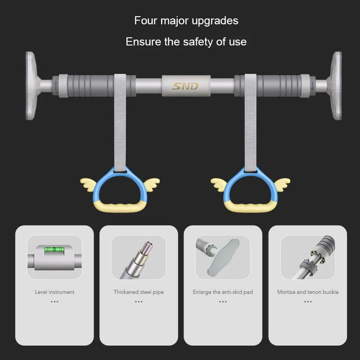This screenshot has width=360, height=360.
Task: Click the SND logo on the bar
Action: tap(185, 85)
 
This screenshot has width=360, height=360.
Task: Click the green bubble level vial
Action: tap(54, 249)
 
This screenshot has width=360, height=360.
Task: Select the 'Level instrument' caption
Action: tap(54, 292)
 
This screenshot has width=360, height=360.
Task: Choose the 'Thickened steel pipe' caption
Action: tap(139, 292)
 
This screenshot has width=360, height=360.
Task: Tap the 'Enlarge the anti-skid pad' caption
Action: tap(223, 292)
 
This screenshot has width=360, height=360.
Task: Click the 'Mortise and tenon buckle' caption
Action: tap(308, 292)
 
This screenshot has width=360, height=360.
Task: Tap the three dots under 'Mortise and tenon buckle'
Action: tap(308, 301)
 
